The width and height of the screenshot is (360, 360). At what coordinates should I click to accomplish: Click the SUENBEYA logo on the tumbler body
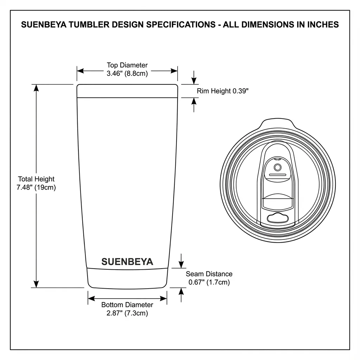point(127,262)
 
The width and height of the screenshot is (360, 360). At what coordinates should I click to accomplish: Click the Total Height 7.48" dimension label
point(36,183)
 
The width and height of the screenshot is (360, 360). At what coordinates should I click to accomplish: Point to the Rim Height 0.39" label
point(223,91)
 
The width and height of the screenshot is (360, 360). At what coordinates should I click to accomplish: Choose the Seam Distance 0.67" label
point(209,278)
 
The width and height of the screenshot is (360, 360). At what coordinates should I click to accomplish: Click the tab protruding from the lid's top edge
point(277,124)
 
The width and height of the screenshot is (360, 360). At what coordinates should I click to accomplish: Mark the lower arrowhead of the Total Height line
point(36,284)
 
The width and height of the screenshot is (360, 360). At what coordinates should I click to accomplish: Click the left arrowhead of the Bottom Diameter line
point(91,298)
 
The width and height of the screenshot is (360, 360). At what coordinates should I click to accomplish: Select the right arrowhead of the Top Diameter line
point(174,71)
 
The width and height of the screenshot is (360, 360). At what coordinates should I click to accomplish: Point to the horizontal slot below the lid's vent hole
point(277,174)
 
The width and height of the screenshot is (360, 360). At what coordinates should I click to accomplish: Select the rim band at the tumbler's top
point(127,91)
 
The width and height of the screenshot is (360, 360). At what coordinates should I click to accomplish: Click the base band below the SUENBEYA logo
point(127,278)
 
